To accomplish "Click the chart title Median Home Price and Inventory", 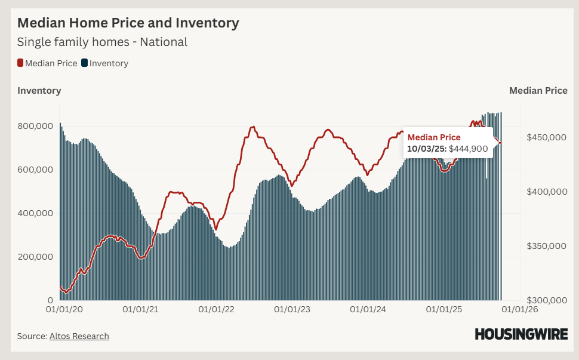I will tap(128, 23).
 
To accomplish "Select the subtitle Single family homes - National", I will tap(102, 42).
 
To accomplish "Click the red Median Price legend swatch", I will tap(20, 63).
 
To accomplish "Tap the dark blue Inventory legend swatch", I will tap(85, 63).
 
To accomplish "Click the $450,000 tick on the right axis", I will tap(546, 137).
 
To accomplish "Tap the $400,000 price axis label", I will tap(546, 192).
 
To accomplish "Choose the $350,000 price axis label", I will tap(546, 246).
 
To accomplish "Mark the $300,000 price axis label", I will tap(546, 300).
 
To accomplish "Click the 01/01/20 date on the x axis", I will tap(64, 310).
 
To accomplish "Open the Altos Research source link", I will tap(78, 336).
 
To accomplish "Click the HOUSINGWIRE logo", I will tap(521, 334).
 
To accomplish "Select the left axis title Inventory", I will tap(39, 91).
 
